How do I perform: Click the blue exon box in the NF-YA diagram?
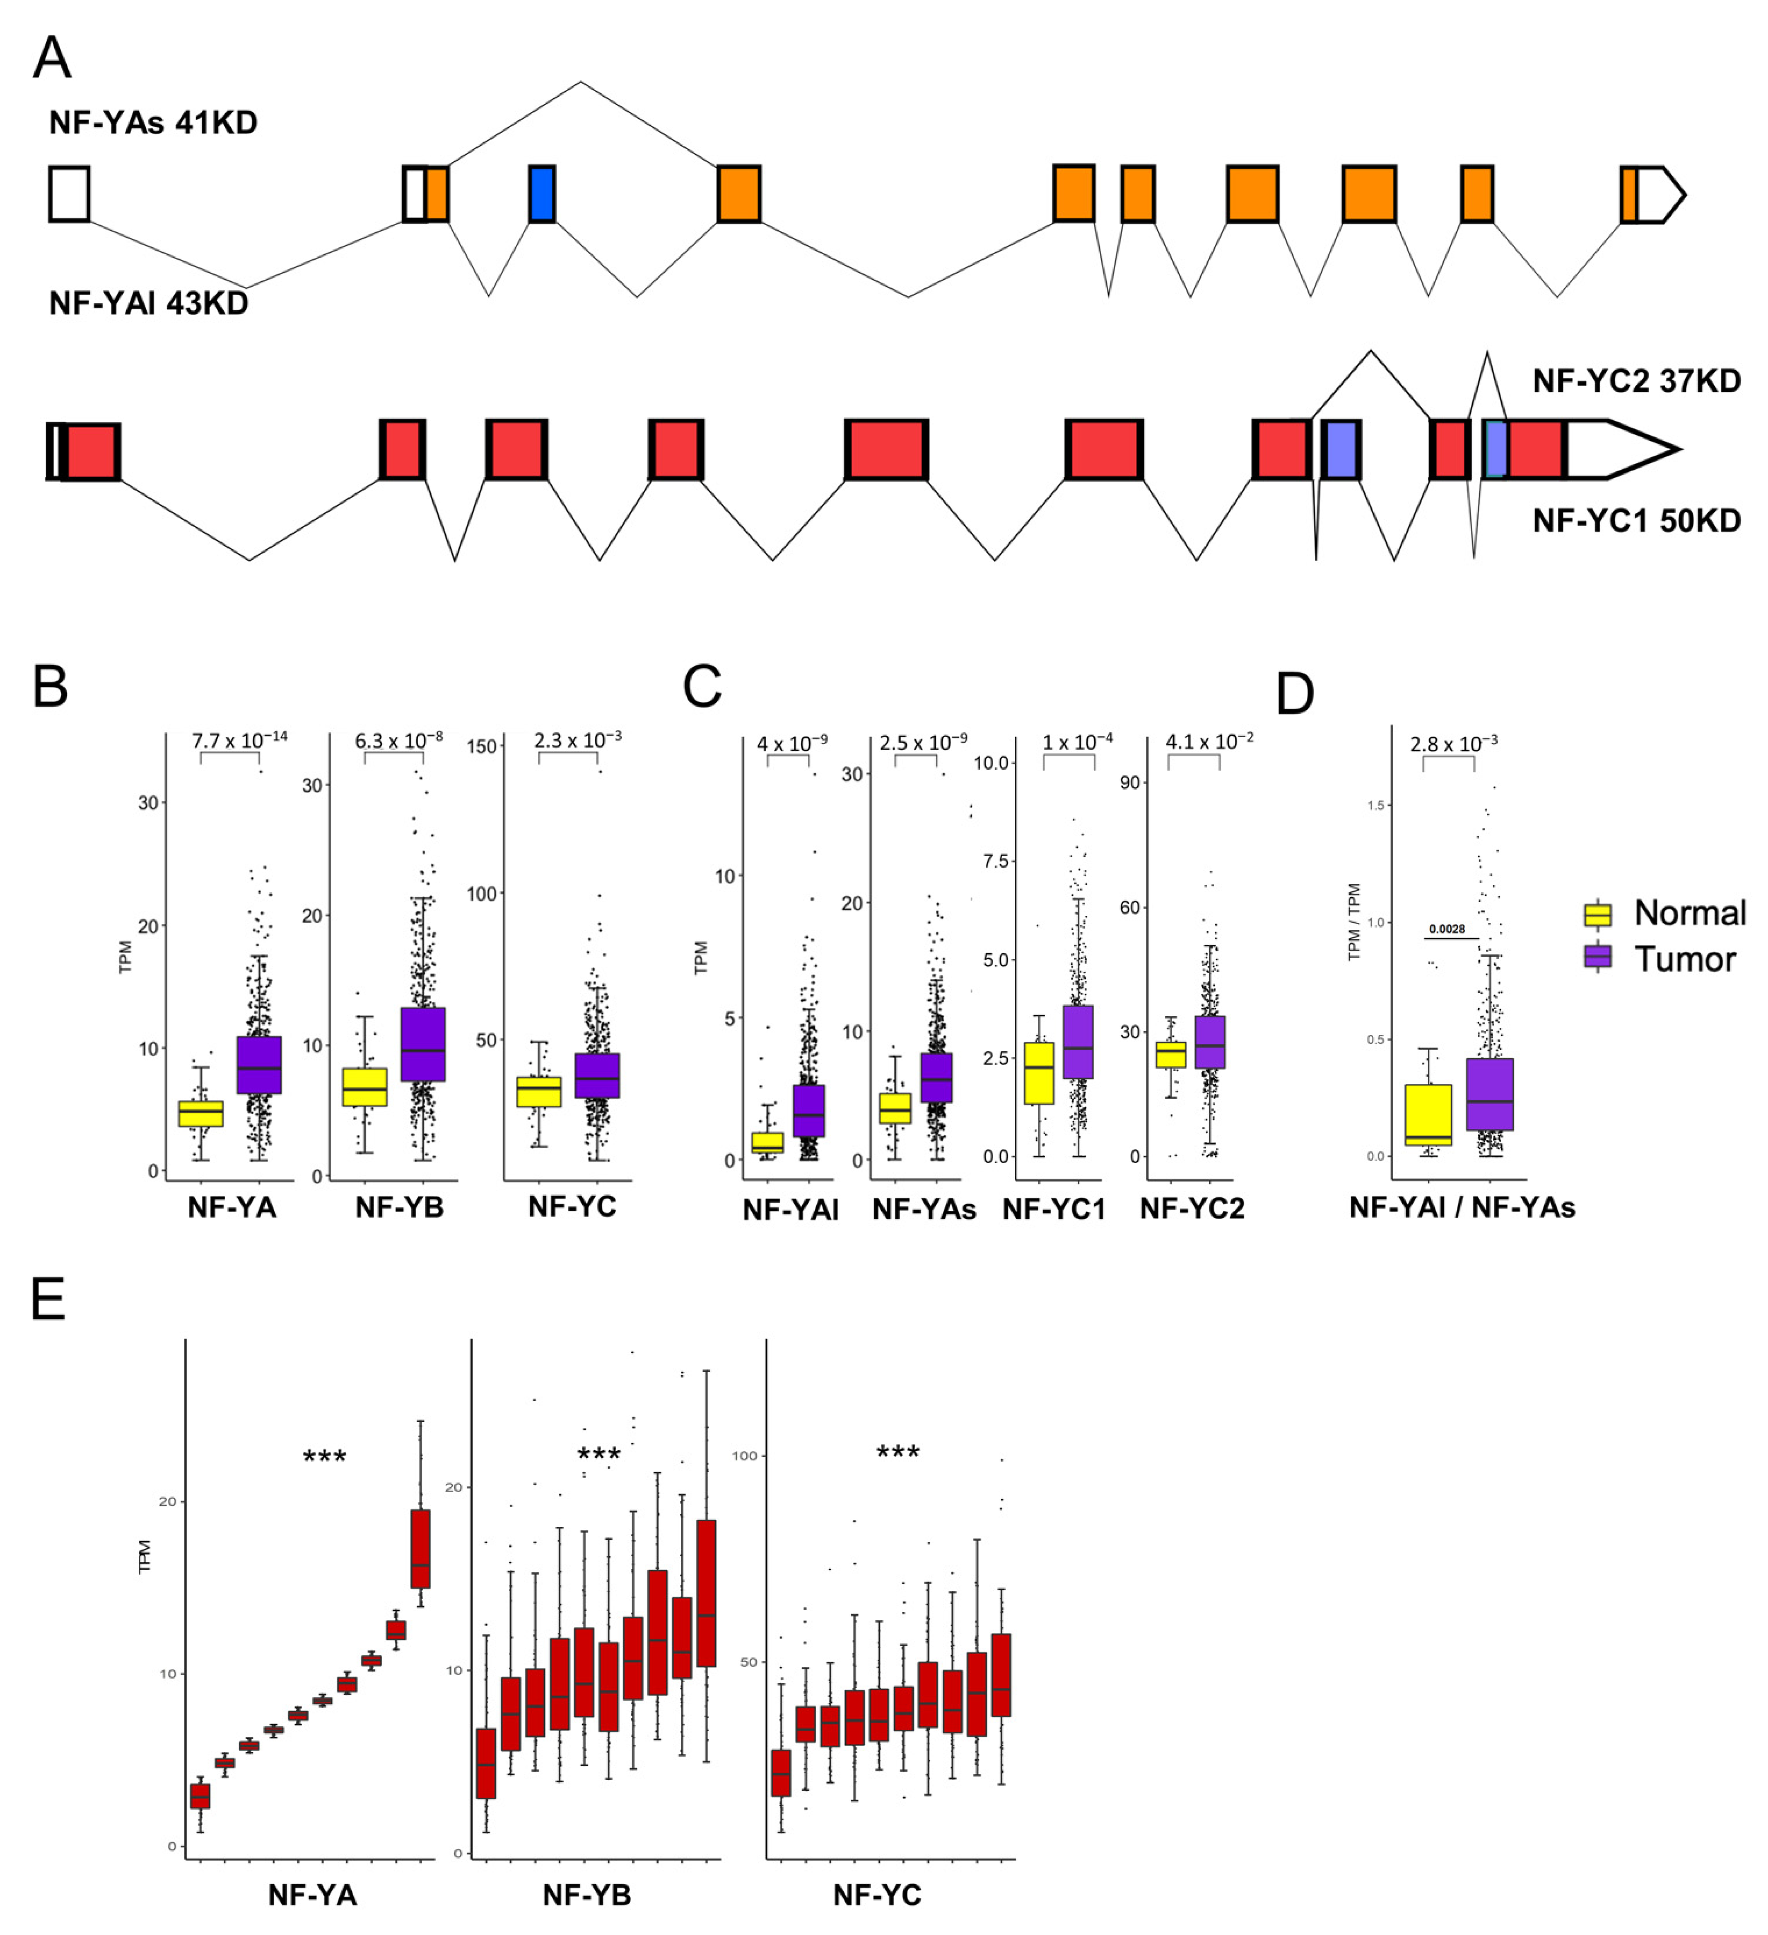pos(542,194)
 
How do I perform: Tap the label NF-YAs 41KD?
pos(154,123)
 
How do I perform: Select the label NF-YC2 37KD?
pos(1637,381)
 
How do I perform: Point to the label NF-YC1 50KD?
pos(1637,521)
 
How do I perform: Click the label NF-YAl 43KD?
pos(149,303)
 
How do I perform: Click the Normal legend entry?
pos(1665,913)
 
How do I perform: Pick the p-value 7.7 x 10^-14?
pos(239,740)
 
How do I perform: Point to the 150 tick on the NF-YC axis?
pos(488,747)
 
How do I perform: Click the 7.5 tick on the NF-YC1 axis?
pos(995,861)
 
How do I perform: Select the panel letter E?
pos(48,1299)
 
